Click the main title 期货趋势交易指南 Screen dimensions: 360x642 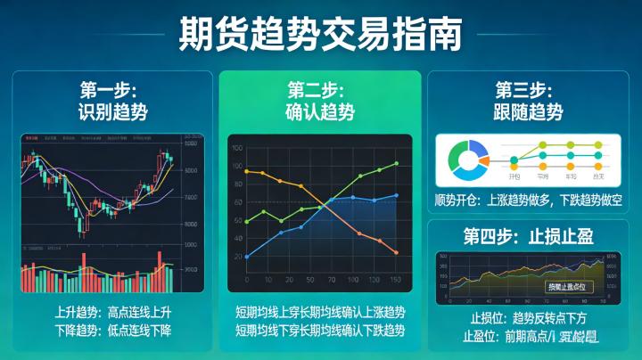[x=320, y=34]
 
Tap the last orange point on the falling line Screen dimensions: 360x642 [x=395, y=252]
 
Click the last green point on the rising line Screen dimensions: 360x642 [x=395, y=164]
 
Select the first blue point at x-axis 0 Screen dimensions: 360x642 [x=247, y=257]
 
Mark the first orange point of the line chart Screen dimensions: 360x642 [x=247, y=171]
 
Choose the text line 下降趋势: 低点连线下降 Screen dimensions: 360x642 [x=112, y=331]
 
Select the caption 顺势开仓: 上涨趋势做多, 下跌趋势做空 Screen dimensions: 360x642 [x=528, y=201]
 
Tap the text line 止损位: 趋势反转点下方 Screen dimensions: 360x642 [x=528, y=318]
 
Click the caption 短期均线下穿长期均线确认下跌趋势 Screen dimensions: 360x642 [x=320, y=331]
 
